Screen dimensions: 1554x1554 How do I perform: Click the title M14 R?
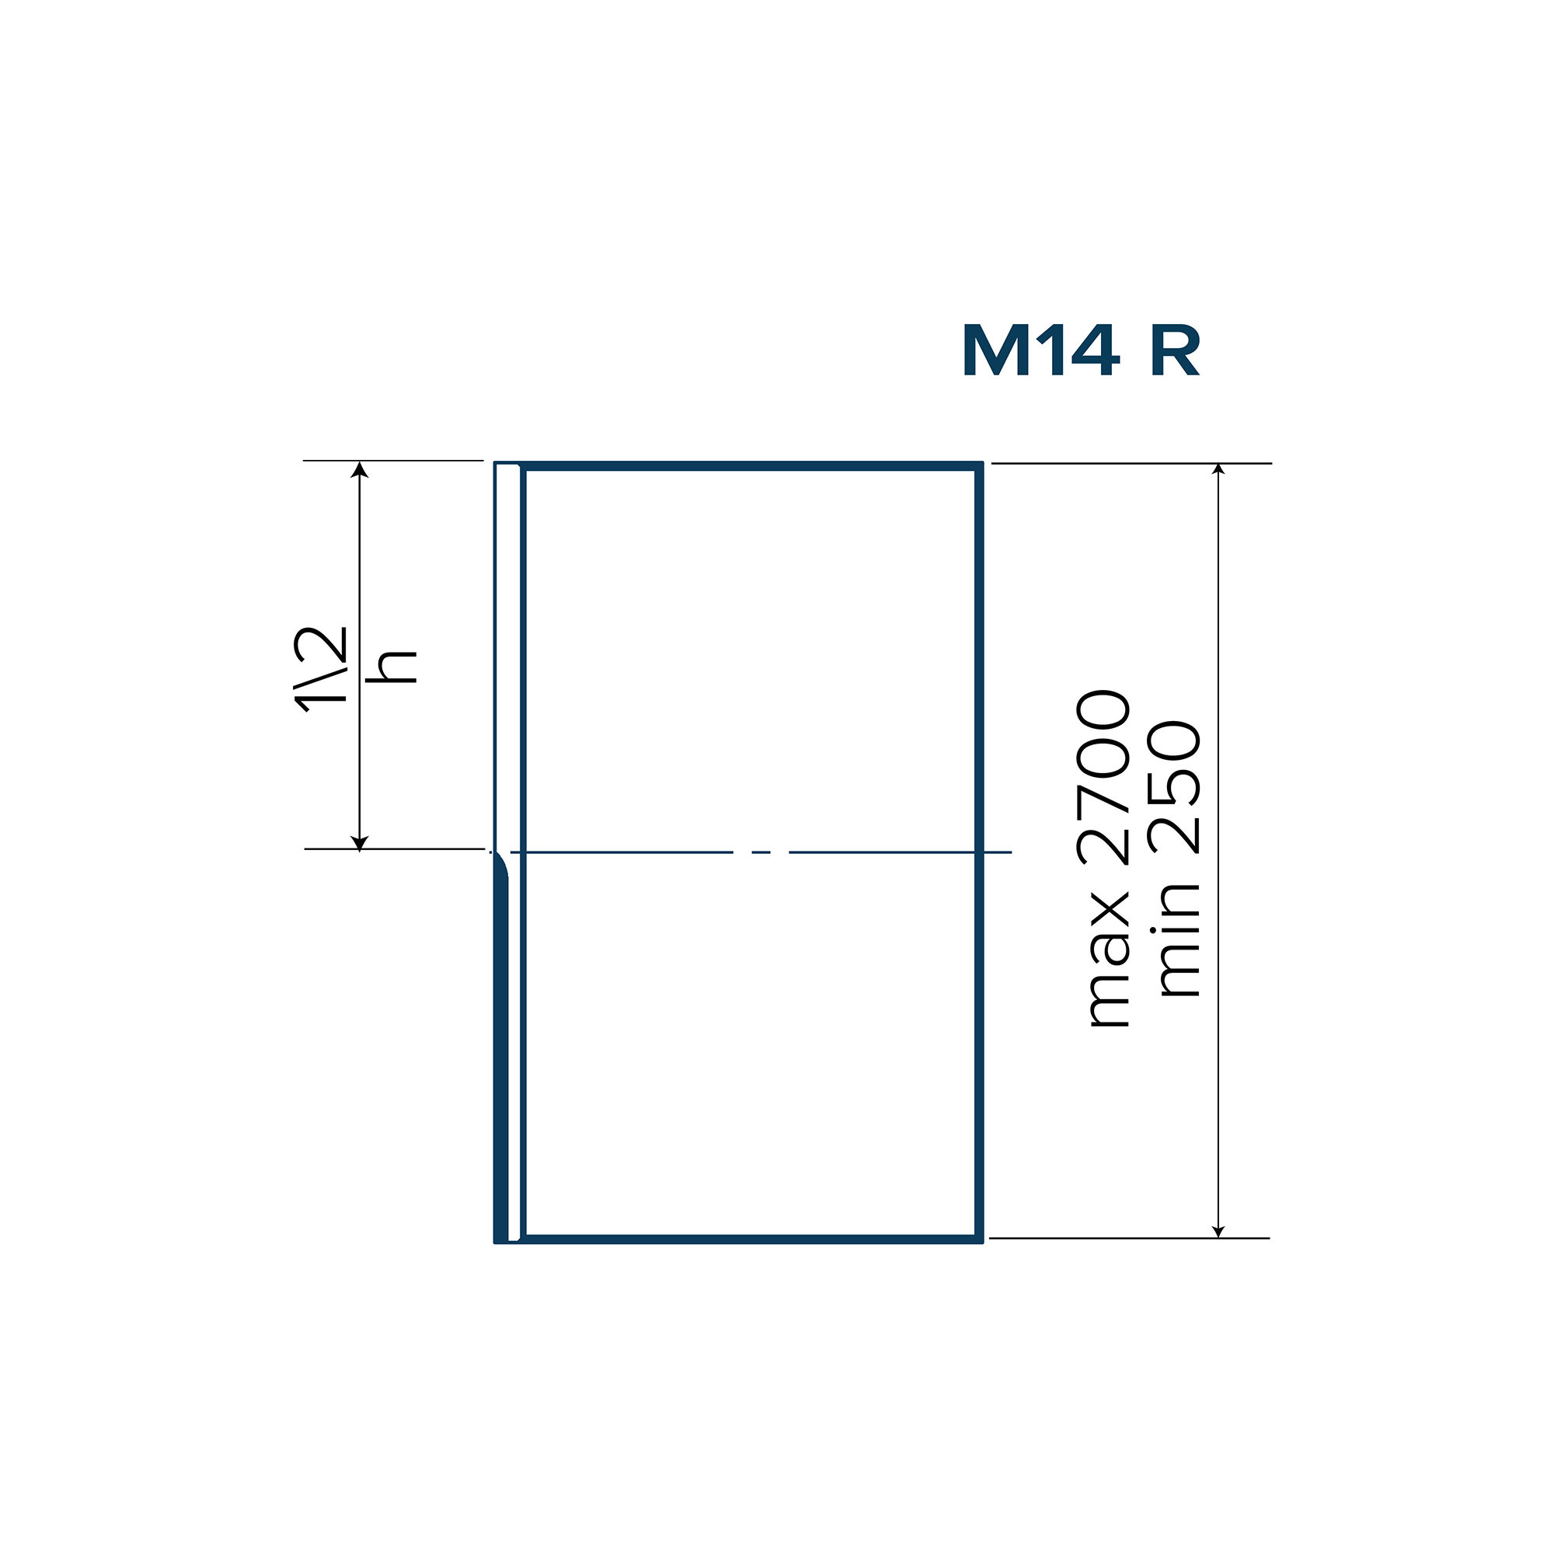point(1081,350)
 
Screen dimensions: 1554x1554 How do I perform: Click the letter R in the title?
point(1176,350)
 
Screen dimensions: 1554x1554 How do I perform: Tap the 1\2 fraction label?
point(321,670)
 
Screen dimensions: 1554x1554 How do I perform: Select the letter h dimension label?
point(392,666)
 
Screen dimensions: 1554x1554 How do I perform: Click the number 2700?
point(1103,777)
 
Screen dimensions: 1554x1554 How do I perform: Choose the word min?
point(1176,940)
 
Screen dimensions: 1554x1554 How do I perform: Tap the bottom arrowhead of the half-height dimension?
point(360,842)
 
